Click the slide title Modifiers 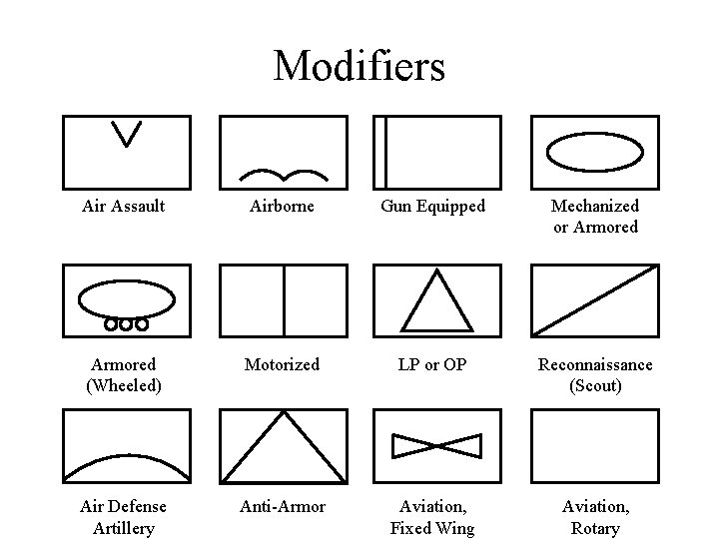(x=359, y=66)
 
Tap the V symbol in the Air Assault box (x=127, y=134)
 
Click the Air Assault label (x=123, y=207)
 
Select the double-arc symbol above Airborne (x=284, y=174)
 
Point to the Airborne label (x=283, y=207)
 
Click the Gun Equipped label (x=432, y=207)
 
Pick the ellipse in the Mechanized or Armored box (x=595, y=152)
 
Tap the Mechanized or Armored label (x=595, y=217)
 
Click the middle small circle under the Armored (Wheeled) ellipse (x=126, y=324)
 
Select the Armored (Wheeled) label (x=123, y=375)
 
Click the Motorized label (x=283, y=365)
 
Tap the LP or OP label (x=432, y=365)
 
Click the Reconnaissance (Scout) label (x=595, y=375)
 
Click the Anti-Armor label (x=283, y=507)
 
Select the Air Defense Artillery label (x=123, y=517)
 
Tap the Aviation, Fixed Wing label (x=432, y=517)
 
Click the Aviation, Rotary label (x=595, y=517)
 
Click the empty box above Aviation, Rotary (x=595, y=446)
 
